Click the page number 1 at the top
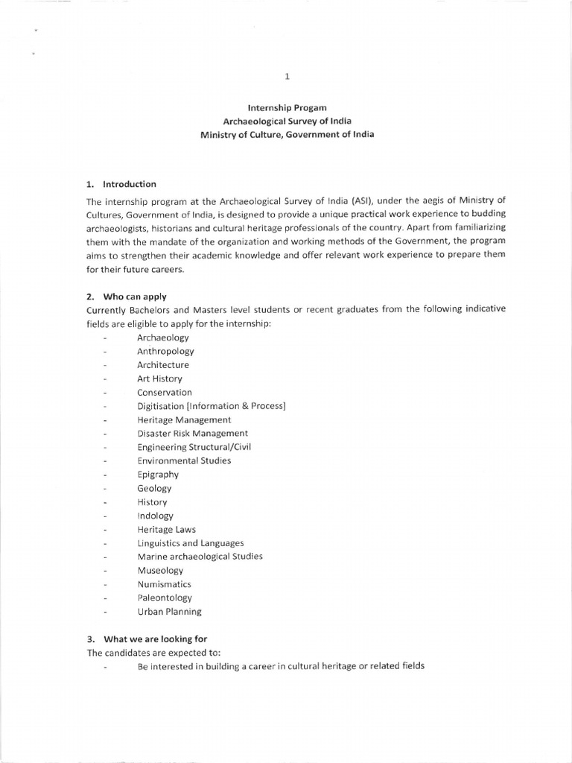(287, 76)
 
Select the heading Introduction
(130, 184)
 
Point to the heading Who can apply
(135, 297)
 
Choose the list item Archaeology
(163, 338)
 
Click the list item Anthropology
(165, 351)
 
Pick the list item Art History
(159, 379)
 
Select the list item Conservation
(165, 392)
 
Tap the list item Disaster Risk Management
(193, 433)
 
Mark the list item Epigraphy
(158, 475)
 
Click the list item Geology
(154, 488)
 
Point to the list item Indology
(155, 516)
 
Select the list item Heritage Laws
(167, 529)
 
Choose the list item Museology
(159, 571)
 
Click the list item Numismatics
(164, 584)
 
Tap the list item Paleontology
(165, 598)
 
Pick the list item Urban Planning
(169, 612)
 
